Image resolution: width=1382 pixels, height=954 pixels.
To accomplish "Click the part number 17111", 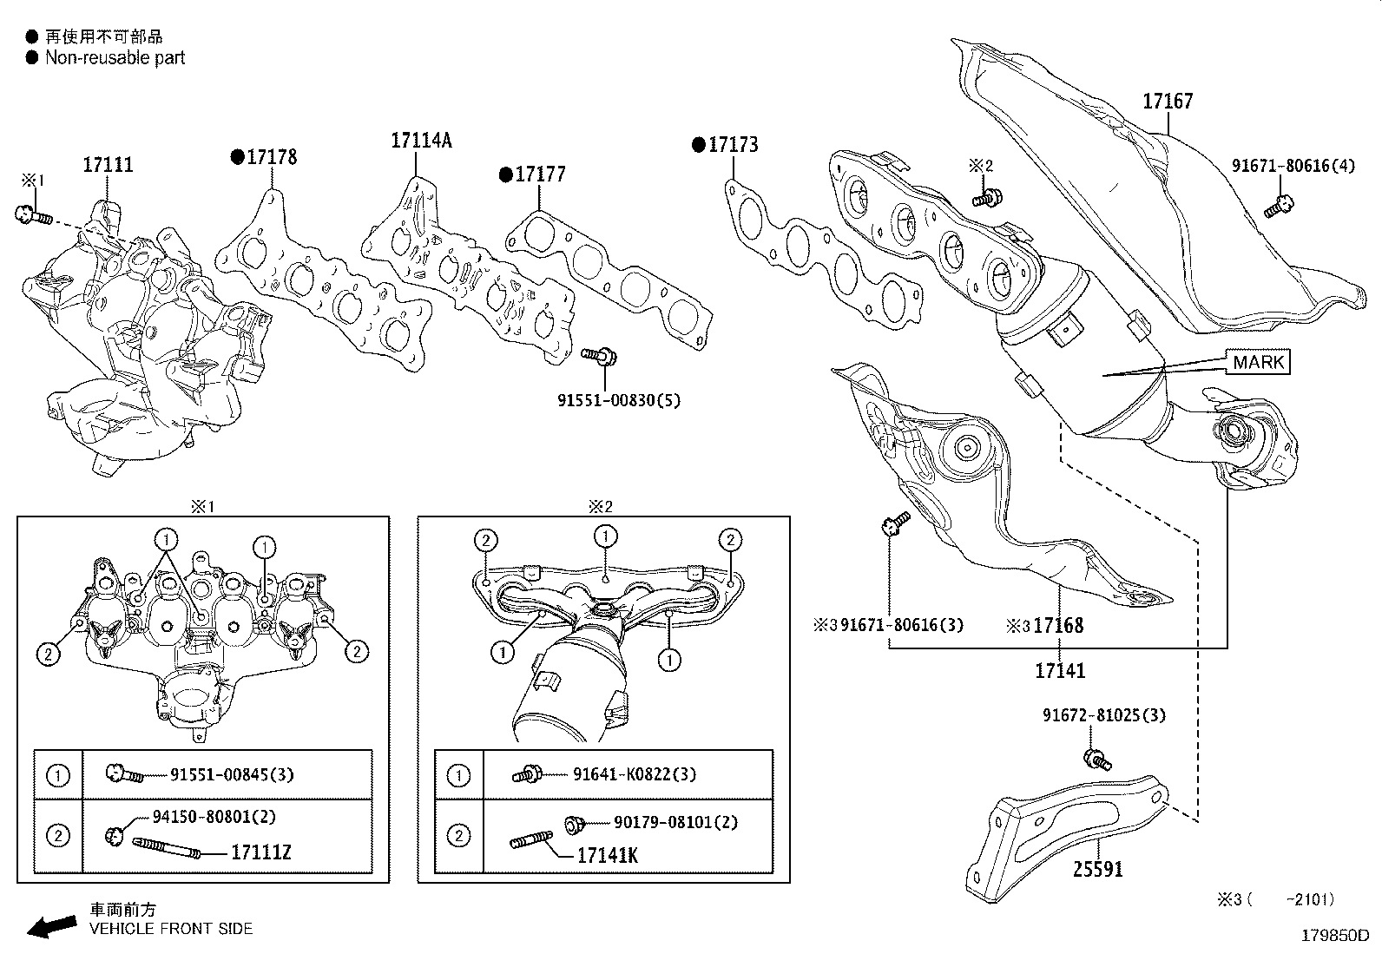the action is (108, 165).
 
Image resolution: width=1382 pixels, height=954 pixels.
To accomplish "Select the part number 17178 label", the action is (272, 157).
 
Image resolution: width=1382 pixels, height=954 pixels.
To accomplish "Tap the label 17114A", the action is (421, 141).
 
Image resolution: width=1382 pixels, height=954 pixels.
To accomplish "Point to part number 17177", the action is (540, 174).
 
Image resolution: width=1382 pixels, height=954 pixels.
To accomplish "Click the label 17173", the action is (733, 145).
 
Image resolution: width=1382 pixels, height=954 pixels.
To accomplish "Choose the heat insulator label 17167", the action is (1168, 102).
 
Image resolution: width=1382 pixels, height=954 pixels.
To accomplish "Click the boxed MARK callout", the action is (1259, 362).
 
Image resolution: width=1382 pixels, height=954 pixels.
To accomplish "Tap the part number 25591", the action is (1097, 870).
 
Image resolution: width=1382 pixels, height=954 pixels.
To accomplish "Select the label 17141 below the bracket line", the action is (1060, 671).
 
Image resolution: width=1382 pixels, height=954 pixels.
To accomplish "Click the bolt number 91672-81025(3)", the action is (1103, 715).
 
